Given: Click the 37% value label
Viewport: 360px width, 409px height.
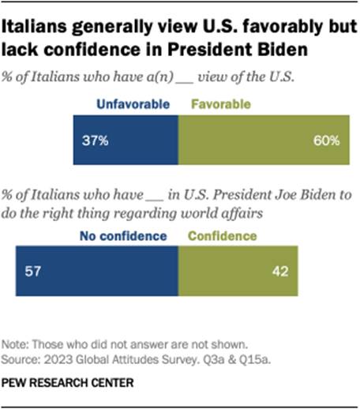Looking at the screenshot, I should [x=99, y=142].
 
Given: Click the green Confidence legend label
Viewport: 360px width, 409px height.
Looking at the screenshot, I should [x=223, y=235].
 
